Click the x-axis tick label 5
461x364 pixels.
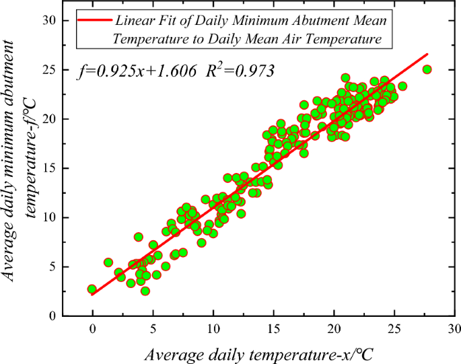(x=153, y=328)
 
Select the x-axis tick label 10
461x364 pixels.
(x=213, y=328)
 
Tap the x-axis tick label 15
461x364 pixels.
(x=274, y=328)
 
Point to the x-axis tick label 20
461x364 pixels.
(x=334, y=328)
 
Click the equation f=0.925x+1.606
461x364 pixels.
(x=137, y=70)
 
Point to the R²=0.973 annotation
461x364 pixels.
(x=242, y=69)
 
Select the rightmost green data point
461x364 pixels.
(x=427, y=69)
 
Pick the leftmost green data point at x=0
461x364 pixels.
(x=92, y=289)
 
